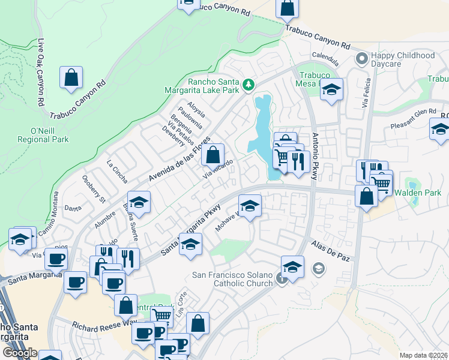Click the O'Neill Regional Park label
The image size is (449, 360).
tap(41, 135)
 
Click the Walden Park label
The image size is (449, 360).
tap(418, 193)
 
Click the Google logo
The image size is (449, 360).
tap(20, 353)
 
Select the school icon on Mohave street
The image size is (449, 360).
tap(250, 205)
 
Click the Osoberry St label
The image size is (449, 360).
tap(94, 188)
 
